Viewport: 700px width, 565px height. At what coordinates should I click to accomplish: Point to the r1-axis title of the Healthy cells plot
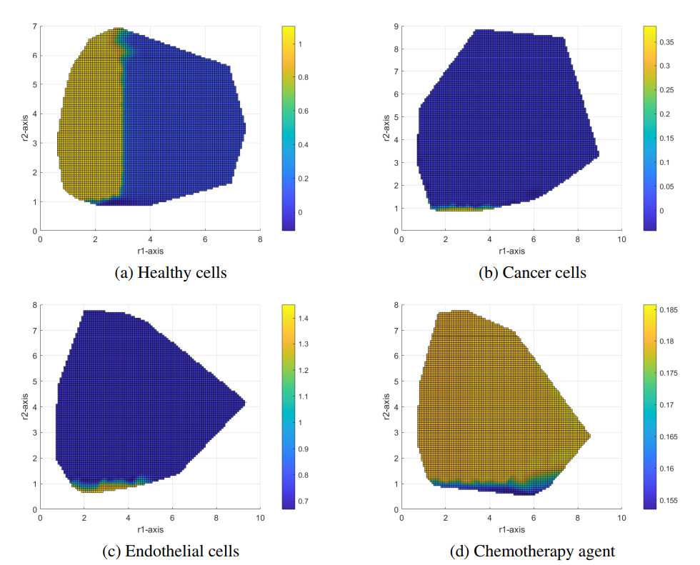[150, 251]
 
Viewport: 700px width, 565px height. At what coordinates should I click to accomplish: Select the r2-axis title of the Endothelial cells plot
[26, 408]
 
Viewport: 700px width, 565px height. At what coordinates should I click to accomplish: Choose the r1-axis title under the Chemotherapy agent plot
[511, 529]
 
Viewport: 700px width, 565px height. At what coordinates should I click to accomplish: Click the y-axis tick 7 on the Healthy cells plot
[34, 26]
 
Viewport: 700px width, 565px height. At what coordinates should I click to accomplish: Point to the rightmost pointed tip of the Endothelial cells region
[245, 403]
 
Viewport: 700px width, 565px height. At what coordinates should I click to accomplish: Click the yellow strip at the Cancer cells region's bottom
[461, 209]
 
